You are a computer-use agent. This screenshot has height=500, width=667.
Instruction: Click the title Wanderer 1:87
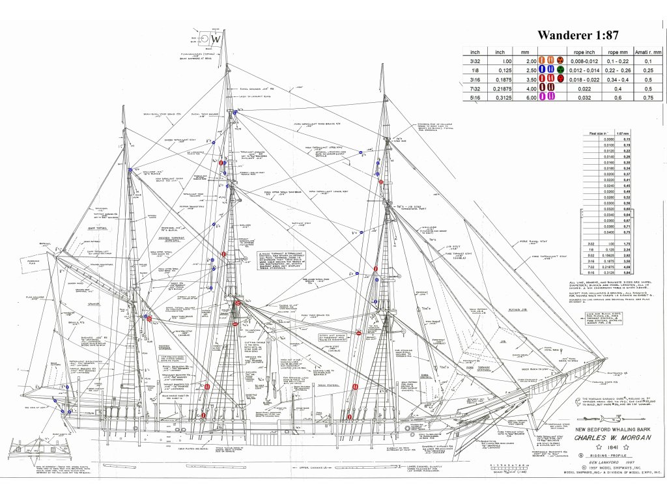[578, 35]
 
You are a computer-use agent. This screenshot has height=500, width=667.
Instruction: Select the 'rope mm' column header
[615, 51]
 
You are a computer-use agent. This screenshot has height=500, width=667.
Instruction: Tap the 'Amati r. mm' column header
[648, 51]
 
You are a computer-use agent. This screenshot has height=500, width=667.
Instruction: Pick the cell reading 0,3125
[500, 97]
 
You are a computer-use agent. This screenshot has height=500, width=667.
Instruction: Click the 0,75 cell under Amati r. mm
[648, 97]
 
